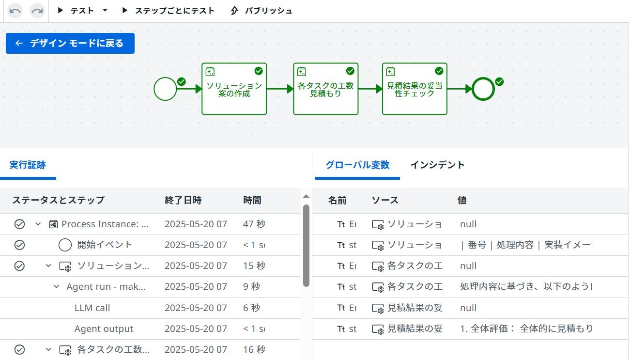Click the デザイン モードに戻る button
(70, 44)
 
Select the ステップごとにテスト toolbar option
(169, 11)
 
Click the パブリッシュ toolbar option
(262, 11)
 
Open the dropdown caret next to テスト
(105, 11)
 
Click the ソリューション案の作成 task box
(234, 89)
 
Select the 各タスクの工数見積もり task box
(325, 89)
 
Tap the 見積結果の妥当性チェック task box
(414, 89)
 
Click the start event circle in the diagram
(165, 89)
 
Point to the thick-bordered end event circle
(483, 89)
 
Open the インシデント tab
(437, 165)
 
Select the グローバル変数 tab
(357, 165)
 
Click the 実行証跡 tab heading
(28, 165)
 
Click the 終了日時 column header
(183, 200)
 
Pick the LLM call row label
(92, 308)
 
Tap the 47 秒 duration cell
(254, 224)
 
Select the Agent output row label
(104, 329)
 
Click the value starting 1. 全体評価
(526, 329)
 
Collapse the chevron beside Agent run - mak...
(57, 287)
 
